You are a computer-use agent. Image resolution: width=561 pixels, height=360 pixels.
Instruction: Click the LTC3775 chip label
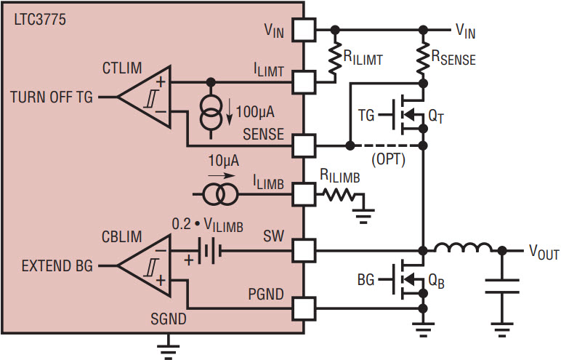point(40,20)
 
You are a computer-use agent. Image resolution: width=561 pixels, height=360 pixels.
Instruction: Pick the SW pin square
point(304,252)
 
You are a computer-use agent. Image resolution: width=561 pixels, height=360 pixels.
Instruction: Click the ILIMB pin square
point(304,193)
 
